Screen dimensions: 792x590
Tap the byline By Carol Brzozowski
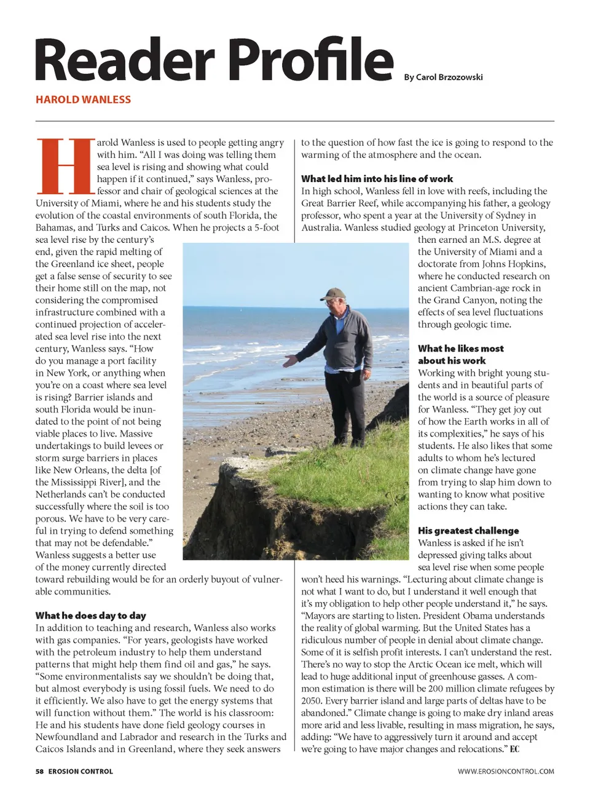pos(443,77)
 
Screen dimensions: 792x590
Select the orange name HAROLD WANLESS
pos(83,100)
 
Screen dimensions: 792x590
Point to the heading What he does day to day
pos(90,616)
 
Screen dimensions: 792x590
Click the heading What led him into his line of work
pos(377,179)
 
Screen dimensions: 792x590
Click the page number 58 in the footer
pos(39,771)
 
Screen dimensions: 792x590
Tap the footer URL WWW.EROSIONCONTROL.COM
pos(505,771)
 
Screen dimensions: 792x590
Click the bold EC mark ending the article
pos(514,749)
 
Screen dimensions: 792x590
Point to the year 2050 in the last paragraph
pos(312,700)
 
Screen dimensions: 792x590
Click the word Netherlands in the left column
pos(65,494)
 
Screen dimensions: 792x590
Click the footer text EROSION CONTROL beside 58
pos(81,771)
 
